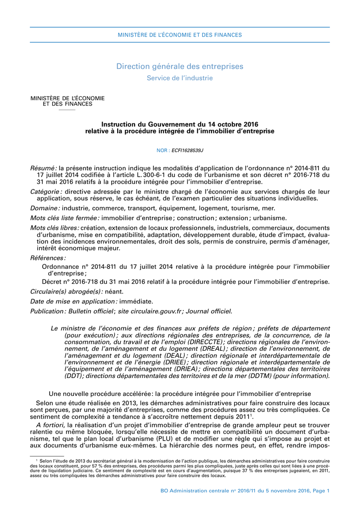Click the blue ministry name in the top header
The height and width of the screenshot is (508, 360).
[x=180, y=35]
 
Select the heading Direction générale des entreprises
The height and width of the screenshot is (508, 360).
[x=180, y=66]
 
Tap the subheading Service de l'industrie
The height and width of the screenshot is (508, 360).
[x=180, y=78]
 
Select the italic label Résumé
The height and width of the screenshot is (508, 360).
[x=43, y=168]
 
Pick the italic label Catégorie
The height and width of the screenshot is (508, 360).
[x=46, y=191]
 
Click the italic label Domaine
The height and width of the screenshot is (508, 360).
[x=45, y=208]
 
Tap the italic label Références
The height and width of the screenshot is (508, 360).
[x=48, y=258]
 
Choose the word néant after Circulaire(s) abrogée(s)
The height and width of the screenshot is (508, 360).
[x=114, y=291]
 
